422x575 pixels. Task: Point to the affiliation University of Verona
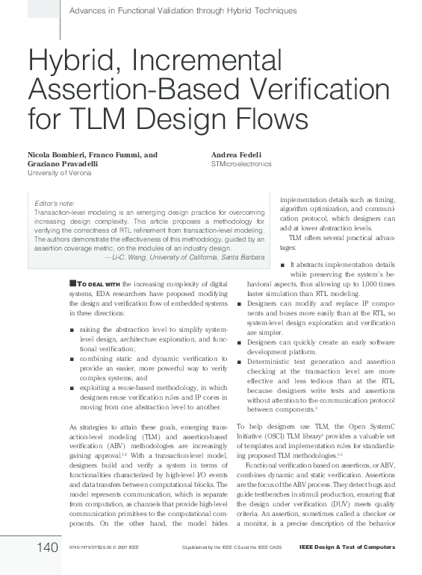[x=59, y=172]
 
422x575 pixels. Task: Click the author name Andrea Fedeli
[x=237, y=154]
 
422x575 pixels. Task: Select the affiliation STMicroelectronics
[x=241, y=163]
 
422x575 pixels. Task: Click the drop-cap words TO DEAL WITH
[x=98, y=284]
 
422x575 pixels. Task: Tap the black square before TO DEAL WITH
[x=72, y=283]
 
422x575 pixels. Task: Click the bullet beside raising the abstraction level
[x=70, y=329]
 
